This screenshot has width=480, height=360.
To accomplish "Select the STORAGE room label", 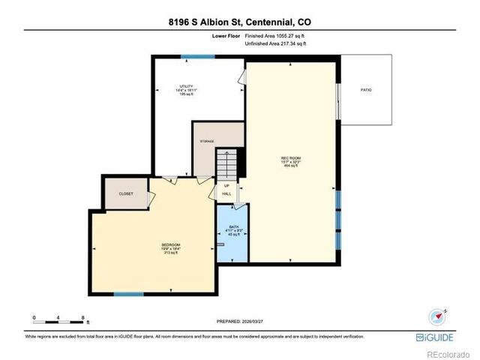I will (207, 141).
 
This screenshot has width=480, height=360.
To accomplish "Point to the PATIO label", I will (366, 91).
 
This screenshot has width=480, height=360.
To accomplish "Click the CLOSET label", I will (126, 193).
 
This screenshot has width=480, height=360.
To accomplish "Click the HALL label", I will (226, 193).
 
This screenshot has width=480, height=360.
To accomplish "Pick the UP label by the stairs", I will (226, 185).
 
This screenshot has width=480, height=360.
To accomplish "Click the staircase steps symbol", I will (226, 163).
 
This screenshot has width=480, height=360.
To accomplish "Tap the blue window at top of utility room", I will (197, 57).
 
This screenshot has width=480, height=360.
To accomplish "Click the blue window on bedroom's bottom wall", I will (128, 294).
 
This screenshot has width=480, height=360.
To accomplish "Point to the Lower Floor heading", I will (227, 35).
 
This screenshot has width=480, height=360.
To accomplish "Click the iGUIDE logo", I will (435, 337).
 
